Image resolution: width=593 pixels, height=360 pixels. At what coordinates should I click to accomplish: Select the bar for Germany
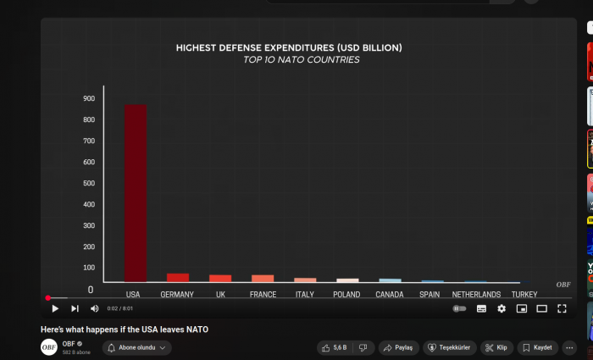tap(178, 277)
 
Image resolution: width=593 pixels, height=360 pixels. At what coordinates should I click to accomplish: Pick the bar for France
tap(263, 278)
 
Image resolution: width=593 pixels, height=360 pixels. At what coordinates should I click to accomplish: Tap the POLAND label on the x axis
tap(346, 295)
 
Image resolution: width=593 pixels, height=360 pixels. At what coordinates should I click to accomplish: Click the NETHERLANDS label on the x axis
tap(476, 295)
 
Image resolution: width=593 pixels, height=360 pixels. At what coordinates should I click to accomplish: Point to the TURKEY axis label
tap(524, 295)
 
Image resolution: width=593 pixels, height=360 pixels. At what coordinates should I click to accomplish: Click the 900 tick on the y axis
tap(89, 99)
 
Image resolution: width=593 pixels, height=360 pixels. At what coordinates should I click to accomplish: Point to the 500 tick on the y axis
tap(89, 183)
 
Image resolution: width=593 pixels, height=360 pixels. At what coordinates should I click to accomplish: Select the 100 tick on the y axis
tap(89, 268)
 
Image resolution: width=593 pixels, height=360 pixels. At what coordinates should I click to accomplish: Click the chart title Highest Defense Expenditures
tap(289, 47)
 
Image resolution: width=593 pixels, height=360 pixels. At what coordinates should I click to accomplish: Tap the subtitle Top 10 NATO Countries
tap(301, 60)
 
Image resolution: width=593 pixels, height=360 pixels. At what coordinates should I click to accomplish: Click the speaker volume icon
tap(95, 309)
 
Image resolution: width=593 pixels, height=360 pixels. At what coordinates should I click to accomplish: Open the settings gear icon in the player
tap(502, 309)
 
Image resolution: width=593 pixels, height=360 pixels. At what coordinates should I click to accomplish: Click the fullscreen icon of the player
tap(562, 309)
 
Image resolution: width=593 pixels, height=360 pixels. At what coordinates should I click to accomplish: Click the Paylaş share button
tap(398, 347)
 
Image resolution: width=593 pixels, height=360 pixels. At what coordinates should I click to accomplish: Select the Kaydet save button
tap(537, 347)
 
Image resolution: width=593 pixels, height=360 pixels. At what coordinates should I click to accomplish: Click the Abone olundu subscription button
tap(137, 347)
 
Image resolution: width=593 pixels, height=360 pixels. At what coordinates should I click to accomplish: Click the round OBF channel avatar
tap(49, 347)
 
